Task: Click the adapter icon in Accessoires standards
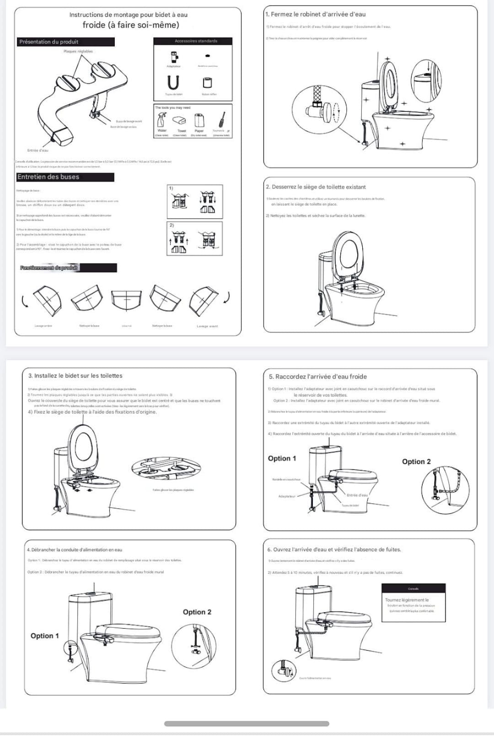(x=174, y=57)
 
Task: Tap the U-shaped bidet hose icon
(x=173, y=83)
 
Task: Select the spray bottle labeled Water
(x=162, y=120)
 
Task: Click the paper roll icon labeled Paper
(x=199, y=121)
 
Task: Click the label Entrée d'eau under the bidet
(x=38, y=150)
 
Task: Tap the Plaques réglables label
(x=78, y=51)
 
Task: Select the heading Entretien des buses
(x=48, y=177)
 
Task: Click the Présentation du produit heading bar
(x=65, y=42)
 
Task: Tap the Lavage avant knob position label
(x=207, y=326)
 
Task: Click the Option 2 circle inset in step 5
(x=445, y=489)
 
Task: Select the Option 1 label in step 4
(x=44, y=636)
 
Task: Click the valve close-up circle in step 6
(x=284, y=671)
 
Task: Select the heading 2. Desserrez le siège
(x=316, y=187)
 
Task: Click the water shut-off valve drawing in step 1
(x=322, y=110)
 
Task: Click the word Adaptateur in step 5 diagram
(x=287, y=496)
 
